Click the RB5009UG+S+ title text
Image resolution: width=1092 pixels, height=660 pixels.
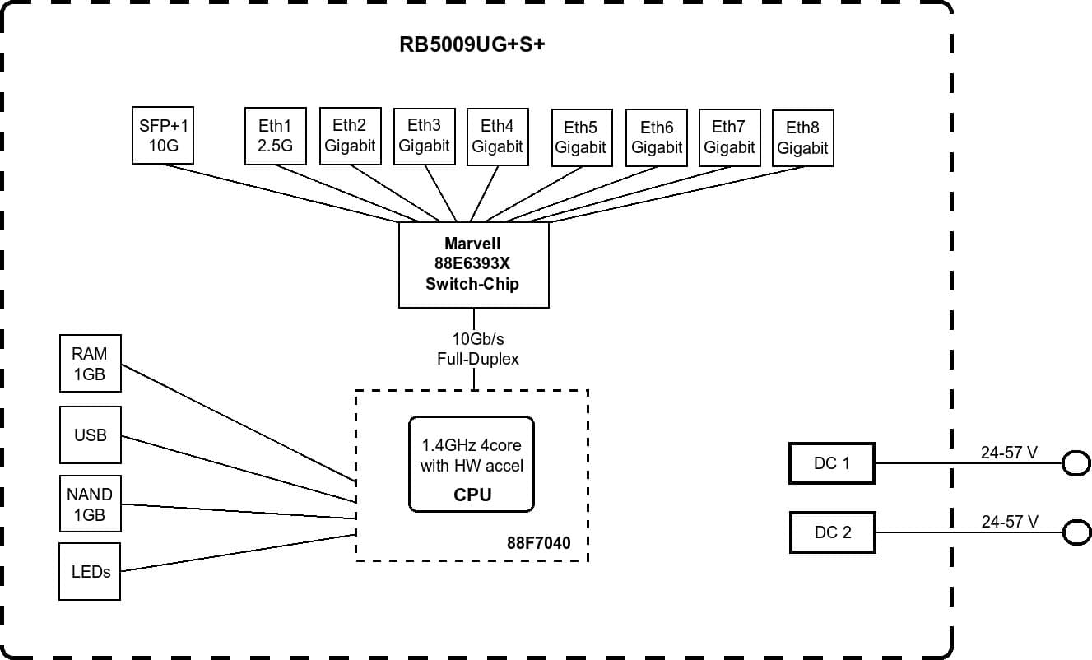(472, 44)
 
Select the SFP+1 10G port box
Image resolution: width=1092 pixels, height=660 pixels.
(163, 136)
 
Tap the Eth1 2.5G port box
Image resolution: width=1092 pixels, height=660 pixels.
(276, 136)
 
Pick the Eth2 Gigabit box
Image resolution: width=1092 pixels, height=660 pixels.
(350, 136)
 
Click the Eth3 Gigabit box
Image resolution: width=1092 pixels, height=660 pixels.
(424, 136)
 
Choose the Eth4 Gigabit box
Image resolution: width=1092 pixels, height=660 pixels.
(497, 136)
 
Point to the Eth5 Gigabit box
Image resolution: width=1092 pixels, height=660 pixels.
(581, 137)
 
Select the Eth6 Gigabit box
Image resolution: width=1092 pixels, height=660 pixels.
(656, 137)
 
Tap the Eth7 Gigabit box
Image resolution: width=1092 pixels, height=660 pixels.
(729, 137)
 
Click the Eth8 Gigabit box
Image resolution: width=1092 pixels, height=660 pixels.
(802, 138)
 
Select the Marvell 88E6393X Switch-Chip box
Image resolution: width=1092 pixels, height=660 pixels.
(473, 264)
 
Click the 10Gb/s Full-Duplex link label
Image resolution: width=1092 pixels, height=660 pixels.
(477, 349)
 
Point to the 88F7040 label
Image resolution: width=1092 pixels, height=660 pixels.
(538, 543)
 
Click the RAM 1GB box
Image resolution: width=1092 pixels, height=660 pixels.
(90, 363)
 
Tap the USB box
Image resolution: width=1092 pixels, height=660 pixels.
(90, 435)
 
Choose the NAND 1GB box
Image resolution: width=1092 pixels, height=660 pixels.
(90, 504)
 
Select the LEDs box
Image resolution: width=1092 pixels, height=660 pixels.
(90, 571)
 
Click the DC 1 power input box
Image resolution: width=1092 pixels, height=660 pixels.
(831, 463)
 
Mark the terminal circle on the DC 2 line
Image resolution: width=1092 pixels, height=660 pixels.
(1076, 533)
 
